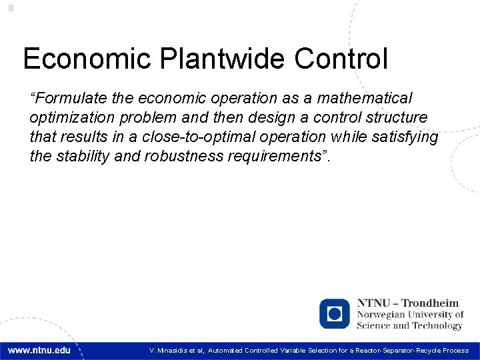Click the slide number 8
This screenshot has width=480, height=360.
(11, 8)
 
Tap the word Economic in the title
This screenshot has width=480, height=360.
(87, 59)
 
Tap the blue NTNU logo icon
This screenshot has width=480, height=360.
(334, 313)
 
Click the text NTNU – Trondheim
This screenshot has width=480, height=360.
(408, 303)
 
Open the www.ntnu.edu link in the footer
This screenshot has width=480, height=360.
(39, 350)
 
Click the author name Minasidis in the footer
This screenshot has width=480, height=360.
(175, 351)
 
